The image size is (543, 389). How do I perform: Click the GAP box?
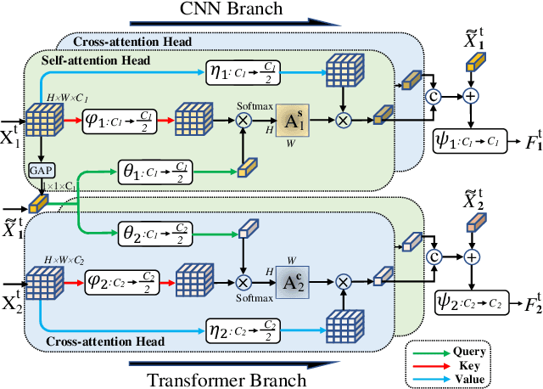click(38, 168)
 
